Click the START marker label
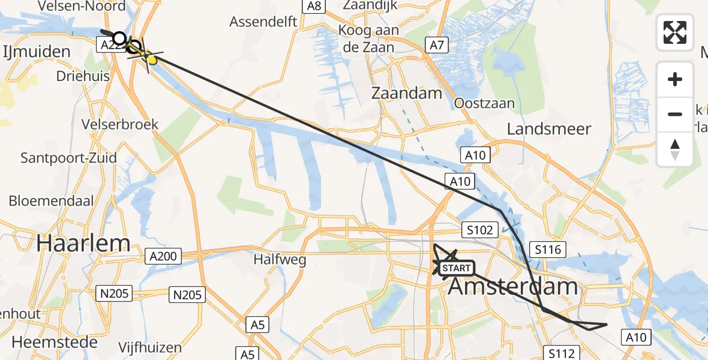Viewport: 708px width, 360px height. pos(457,268)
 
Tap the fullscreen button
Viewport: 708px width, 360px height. pos(675,32)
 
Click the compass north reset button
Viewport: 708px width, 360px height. pos(675,149)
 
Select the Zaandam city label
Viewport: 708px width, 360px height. pos(407,93)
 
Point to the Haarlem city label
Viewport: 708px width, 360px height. pos(83,243)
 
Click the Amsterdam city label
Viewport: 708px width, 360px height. pos(513,286)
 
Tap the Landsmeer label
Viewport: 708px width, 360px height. pos(549,128)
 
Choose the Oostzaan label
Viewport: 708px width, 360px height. pos(484,103)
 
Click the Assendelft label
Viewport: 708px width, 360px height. pos(263,22)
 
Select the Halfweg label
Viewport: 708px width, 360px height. pos(280,260)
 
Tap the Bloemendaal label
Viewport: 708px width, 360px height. pos(51,200)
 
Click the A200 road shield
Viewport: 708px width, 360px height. pos(163,257)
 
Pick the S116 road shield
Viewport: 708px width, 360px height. pos(548,249)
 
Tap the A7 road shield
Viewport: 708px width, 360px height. pos(436,44)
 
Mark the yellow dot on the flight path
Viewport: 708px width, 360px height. pos(152,59)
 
